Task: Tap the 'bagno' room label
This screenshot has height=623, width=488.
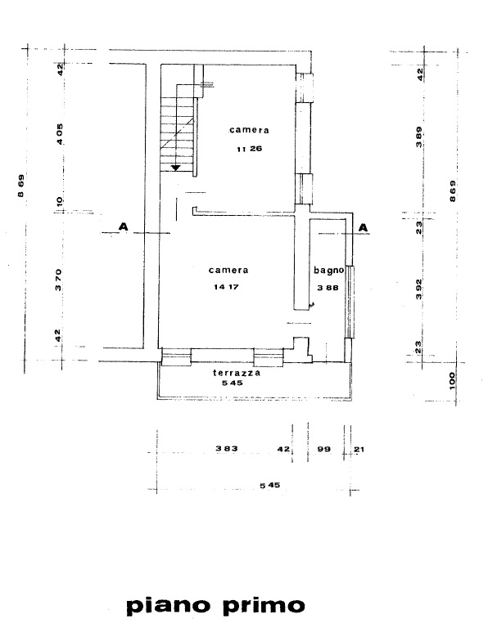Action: (x=329, y=271)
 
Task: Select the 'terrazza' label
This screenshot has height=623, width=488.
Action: (x=237, y=373)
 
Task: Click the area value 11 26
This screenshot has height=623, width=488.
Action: (x=249, y=149)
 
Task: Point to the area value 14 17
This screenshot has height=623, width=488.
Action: (x=226, y=287)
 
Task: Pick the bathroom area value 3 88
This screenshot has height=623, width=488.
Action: (x=328, y=288)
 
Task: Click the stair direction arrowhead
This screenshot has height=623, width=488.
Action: (x=175, y=168)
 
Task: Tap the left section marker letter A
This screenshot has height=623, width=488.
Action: (x=124, y=226)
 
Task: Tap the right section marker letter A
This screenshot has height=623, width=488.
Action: (x=364, y=227)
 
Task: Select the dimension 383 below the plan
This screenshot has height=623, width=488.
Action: (x=227, y=449)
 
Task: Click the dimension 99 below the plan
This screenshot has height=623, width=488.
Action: (x=324, y=449)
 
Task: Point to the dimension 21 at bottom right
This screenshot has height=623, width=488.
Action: (x=359, y=450)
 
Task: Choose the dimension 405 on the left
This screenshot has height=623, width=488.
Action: (x=59, y=134)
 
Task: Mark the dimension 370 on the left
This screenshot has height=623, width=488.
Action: (x=58, y=280)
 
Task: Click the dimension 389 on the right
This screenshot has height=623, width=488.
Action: (x=418, y=137)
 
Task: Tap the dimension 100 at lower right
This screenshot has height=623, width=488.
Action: (x=451, y=381)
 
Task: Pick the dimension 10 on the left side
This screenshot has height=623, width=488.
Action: (x=60, y=201)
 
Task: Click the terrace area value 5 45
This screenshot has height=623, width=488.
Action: (x=233, y=383)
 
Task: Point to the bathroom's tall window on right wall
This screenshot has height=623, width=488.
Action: (x=350, y=302)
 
